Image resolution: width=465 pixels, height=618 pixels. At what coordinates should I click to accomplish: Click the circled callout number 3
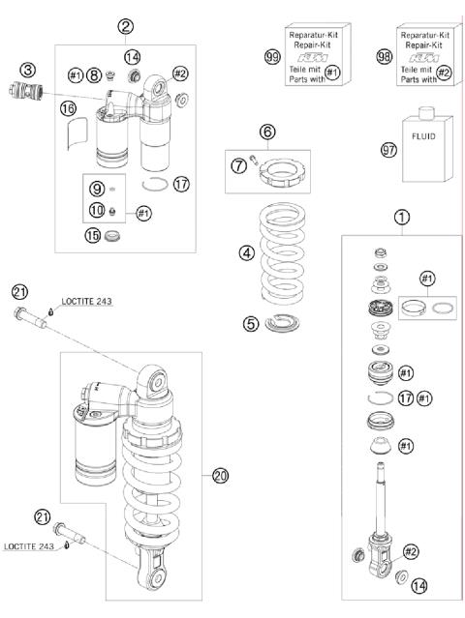[28, 71]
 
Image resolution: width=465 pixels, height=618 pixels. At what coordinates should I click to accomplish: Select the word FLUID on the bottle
[423, 136]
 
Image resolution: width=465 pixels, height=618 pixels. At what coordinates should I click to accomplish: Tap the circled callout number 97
[388, 150]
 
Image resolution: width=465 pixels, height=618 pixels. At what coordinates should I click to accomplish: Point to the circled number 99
[272, 57]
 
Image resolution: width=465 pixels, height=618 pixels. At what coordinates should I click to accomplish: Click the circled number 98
[384, 57]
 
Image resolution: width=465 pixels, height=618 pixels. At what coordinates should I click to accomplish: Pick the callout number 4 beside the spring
[247, 252]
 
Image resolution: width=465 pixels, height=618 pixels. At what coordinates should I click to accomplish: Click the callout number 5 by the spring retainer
[251, 324]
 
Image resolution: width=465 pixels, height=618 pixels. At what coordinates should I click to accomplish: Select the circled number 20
[220, 476]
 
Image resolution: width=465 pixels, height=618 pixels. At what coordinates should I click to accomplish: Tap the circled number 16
[68, 109]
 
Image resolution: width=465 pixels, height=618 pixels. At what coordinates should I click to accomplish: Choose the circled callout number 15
[93, 236]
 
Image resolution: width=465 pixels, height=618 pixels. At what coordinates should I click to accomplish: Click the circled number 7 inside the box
[239, 166]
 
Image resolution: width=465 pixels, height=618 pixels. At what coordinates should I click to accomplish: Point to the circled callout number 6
[267, 132]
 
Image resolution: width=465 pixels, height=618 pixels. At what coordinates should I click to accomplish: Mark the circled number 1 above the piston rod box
[402, 217]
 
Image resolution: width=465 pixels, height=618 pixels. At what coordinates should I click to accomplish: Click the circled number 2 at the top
[125, 27]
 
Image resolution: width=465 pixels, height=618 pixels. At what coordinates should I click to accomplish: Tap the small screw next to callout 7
[254, 160]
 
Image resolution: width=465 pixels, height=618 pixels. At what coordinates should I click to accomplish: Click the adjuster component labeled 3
[25, 90]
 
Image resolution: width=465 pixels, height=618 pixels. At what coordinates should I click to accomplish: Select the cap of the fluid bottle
[426, 113]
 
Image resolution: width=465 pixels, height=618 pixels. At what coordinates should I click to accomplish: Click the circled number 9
[97, 190]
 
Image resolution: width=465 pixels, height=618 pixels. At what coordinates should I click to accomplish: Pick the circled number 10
[97, 210]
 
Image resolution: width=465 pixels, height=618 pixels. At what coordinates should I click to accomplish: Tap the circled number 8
[94, 74]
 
